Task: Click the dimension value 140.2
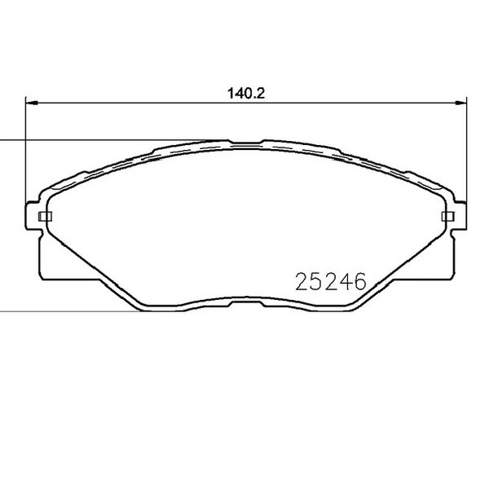pos(246,93)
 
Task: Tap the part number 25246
pos(331,281)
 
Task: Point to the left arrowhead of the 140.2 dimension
pos(32,103)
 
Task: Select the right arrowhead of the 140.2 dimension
pos(460,103)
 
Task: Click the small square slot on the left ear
pos(45,216)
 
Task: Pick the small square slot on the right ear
pos(448,216)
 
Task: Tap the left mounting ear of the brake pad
pos(33,217)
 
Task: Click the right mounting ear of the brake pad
pos(459,217)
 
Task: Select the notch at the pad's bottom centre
pos(246,303)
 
